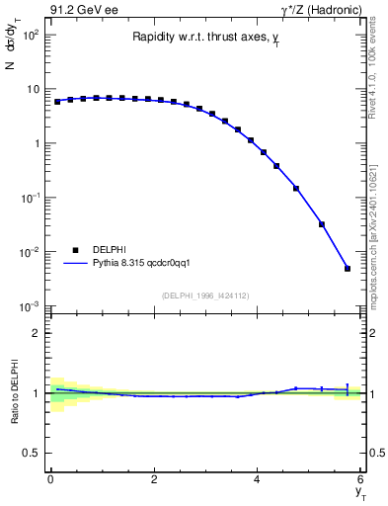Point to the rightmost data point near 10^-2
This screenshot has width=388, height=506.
pos(348,268)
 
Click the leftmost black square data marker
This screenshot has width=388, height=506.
pos(57,102)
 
